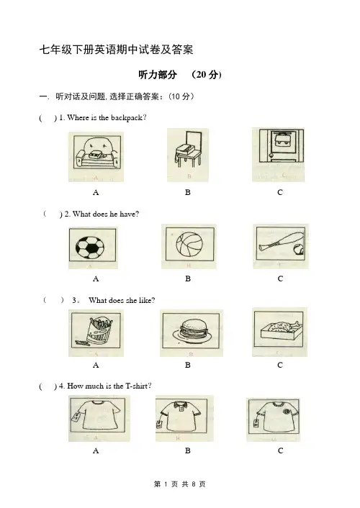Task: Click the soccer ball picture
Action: (x=90, y=248)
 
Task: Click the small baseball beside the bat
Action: (x=298, y=250)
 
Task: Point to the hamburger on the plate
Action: (x=192, y=330)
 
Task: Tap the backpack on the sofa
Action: (x=97, y=155)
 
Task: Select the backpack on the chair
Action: (x=185, y=150)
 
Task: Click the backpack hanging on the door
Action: (x=279, y=139)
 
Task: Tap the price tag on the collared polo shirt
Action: (x=159, y=424)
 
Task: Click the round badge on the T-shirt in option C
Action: (x=287, y=412)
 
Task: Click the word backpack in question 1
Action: (x=126, y=117)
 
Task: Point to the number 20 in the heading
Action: (x=202, y=75)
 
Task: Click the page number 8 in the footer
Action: (x=194, y=484)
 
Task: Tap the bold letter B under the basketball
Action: (x=188, y=278)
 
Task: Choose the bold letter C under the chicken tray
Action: (x=280, y=365)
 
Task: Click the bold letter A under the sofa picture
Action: (x=96, y=192)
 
